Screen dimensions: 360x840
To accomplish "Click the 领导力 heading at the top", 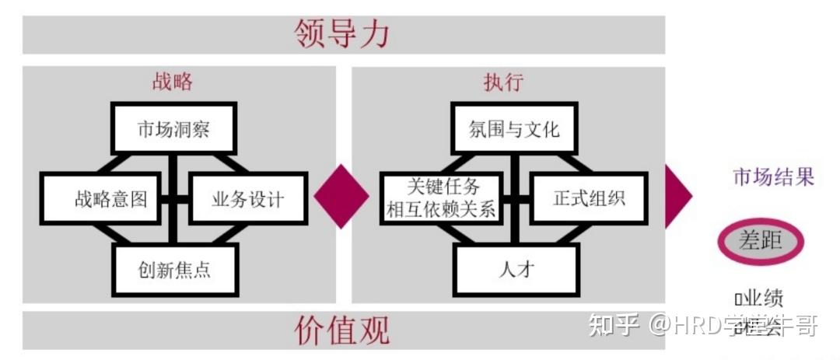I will pyautogui.click(x=341, y=34).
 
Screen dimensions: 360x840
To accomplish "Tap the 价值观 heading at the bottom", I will pyautogui.click(x=341, y=330).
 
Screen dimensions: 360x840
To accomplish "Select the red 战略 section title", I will pyautogui.click(x=172, y=82).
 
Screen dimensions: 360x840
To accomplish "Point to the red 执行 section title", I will pyautogui.click(x=503, y=82).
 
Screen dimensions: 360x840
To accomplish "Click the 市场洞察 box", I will pyautogui.click(x=173, y=128).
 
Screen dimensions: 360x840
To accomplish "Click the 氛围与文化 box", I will pyautogui.click(x=514, y=128).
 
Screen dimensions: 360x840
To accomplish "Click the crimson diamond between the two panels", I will pyautogui.click(x=341, y=196).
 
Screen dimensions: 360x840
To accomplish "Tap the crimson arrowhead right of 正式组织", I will pyautogui.click(x=677, y=195).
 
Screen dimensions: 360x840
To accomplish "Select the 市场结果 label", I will pyautogui.click(x=773, y=177).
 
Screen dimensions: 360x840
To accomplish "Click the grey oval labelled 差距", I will pyautogui.click(x=761, y=241).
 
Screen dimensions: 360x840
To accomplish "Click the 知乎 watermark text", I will pyautogui.click(x=615, y=325).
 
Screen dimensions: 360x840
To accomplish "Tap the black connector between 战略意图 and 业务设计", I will pyautogui.click(x=176, y=198).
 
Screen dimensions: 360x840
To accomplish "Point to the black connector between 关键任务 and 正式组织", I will pyautogui.click(x=516, y=198).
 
